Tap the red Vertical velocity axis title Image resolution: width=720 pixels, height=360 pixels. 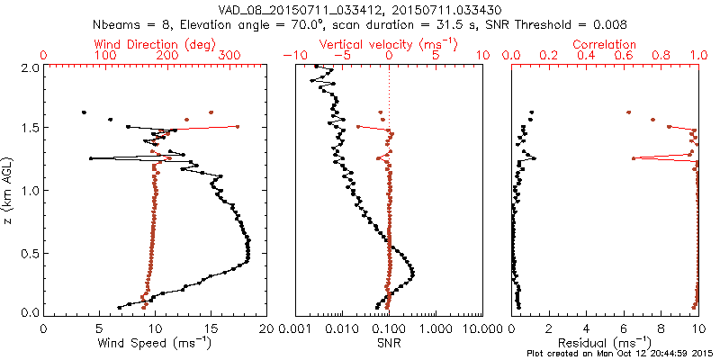tap(388, 44)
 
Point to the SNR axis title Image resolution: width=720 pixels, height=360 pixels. tap(388, 343)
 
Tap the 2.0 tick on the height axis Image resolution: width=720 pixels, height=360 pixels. tap(31, 67)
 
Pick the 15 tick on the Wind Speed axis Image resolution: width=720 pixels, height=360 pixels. tap(211, 328)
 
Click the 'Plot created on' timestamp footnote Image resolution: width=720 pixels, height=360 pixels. tap(621, 354)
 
